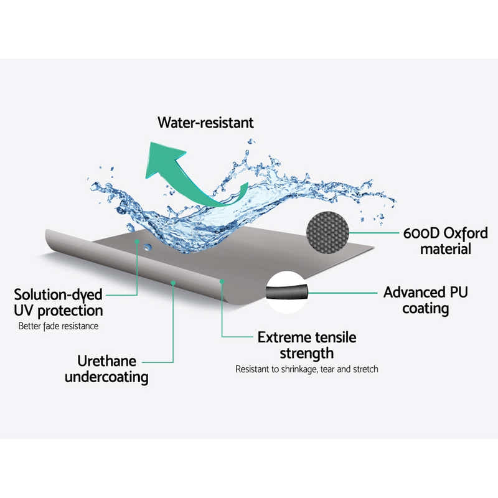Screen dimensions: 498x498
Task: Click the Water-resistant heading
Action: pos(205,123)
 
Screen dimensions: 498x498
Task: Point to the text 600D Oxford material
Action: pos(444,242)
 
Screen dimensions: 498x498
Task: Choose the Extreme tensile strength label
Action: pos(307,345)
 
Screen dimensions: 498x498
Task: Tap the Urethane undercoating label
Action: pos(106,369)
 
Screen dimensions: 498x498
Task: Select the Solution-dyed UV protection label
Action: pos(59,302)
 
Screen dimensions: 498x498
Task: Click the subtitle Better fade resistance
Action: pos(59,326)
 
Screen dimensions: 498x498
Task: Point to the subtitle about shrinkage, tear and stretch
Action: pos(306,369)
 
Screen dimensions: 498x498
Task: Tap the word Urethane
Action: pos(106,360)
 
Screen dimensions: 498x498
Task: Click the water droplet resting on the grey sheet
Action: pos(148,247)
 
